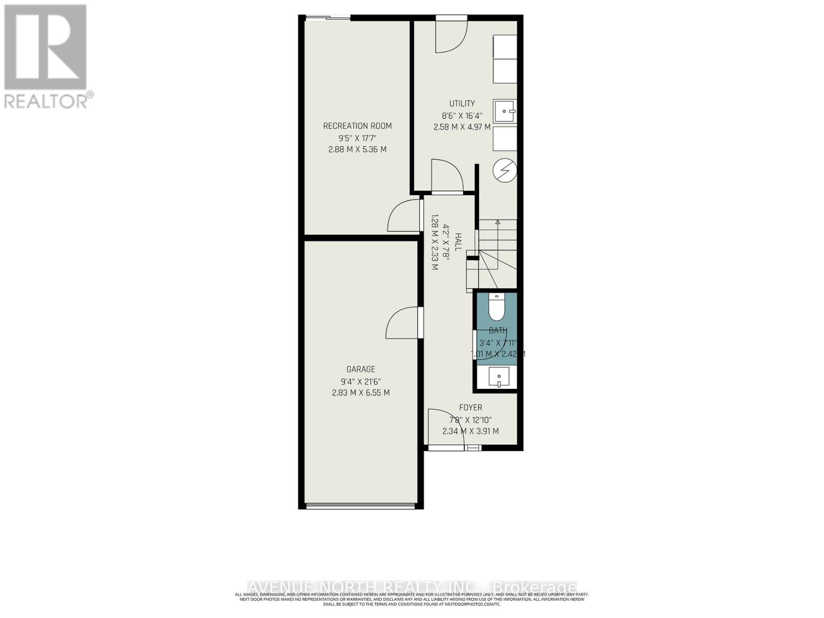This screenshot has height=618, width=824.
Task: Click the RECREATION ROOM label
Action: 357,126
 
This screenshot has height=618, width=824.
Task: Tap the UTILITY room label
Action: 462,104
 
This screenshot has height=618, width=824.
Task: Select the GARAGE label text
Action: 360,369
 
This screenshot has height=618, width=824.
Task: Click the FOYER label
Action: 471,407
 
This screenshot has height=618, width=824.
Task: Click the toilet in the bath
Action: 496,308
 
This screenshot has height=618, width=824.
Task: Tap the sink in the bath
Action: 499,377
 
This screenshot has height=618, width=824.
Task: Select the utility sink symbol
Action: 505,111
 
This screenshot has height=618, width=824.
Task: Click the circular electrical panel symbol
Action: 505,170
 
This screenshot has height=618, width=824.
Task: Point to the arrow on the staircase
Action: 497,222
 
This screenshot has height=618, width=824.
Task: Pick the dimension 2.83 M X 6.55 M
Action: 360,392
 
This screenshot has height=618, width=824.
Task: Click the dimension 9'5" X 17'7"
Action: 357,138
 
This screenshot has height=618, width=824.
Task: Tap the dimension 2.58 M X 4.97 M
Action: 462,127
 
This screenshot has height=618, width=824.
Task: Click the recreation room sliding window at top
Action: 328,19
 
